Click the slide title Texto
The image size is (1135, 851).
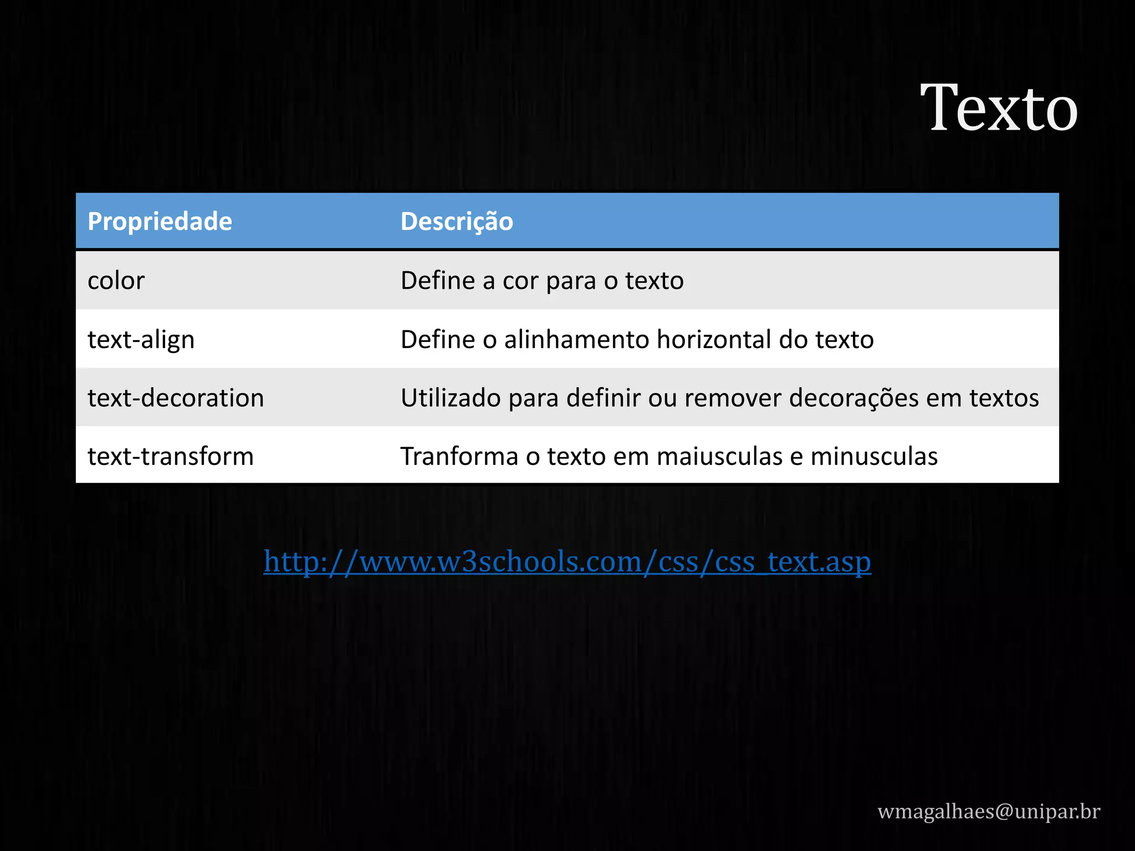(x=999, y=108)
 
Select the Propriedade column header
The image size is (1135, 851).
(x=160, y=222)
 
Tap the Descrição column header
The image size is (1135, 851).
(x=457, y=222)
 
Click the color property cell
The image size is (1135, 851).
(x=116, y=281)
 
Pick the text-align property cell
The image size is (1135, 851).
(x=141, y=340)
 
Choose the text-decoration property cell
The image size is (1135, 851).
(x=176, y=398)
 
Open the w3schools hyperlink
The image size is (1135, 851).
(x=567, y=562)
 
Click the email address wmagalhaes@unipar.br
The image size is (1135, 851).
(x=988, y=811)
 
